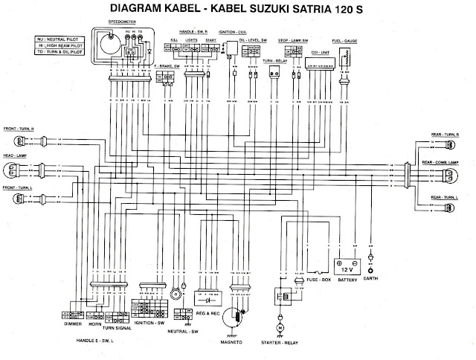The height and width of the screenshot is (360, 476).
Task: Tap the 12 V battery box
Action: [349, 267]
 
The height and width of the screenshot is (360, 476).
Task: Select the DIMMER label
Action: [71, 324]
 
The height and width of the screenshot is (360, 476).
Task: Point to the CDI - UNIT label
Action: [321, 53]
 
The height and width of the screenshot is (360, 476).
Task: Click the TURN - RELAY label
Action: [277, 57]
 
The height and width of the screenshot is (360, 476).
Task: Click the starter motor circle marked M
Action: [280, 327]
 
